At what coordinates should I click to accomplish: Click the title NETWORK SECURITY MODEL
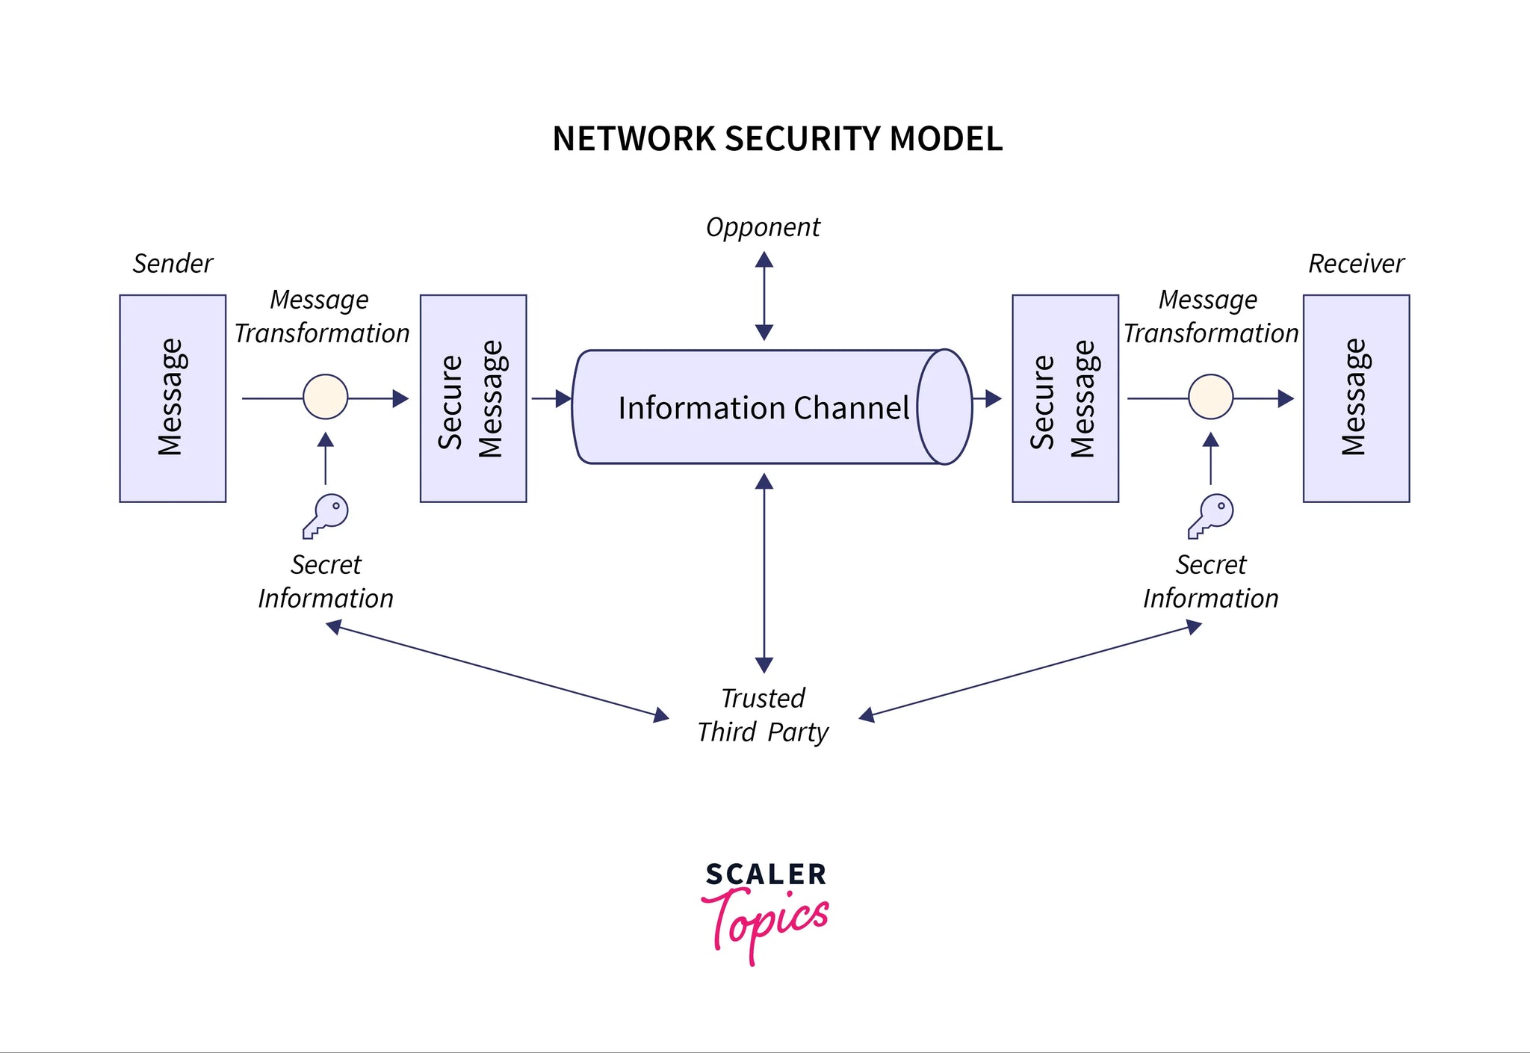777,139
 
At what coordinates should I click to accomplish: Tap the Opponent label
763,227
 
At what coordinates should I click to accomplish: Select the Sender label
173,264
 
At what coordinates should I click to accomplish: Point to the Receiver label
1356,264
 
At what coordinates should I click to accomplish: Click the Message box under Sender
173,398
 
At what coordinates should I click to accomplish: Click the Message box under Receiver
1356,398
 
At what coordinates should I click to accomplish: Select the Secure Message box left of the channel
473,398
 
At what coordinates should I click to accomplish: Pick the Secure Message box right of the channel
1065,398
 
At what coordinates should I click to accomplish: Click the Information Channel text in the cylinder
763,408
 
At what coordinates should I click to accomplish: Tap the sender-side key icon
326,516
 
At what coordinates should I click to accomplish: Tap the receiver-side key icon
1211,516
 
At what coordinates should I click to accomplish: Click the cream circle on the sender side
326,397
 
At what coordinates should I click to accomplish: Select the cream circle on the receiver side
1210,397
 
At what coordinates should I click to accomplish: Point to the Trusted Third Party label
763,715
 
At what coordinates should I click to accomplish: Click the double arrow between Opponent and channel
764,296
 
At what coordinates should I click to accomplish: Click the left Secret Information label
326,581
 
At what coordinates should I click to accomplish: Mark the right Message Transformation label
1210,317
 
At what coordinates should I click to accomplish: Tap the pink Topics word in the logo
766,921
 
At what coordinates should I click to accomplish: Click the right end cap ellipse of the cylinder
945,407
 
